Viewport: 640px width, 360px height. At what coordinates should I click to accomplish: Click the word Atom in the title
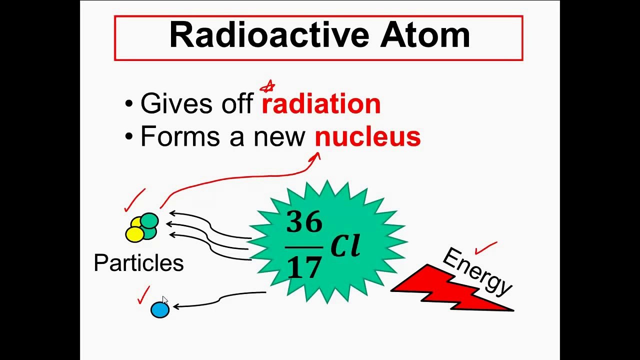425,35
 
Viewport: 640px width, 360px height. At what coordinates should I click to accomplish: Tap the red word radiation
321,104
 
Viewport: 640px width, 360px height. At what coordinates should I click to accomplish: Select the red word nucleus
367,136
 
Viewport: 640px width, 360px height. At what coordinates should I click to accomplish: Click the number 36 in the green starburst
304,222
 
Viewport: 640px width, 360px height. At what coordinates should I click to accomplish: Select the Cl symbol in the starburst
345,245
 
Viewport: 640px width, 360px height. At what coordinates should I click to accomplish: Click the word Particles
138,263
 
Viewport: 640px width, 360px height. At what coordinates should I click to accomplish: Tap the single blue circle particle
160,310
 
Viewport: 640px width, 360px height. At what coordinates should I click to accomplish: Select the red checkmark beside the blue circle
144,295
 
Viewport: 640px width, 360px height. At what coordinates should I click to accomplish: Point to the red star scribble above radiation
268,87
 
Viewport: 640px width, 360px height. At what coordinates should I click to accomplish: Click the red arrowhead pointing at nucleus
315,157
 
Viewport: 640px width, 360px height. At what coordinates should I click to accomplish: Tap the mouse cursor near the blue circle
165,300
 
